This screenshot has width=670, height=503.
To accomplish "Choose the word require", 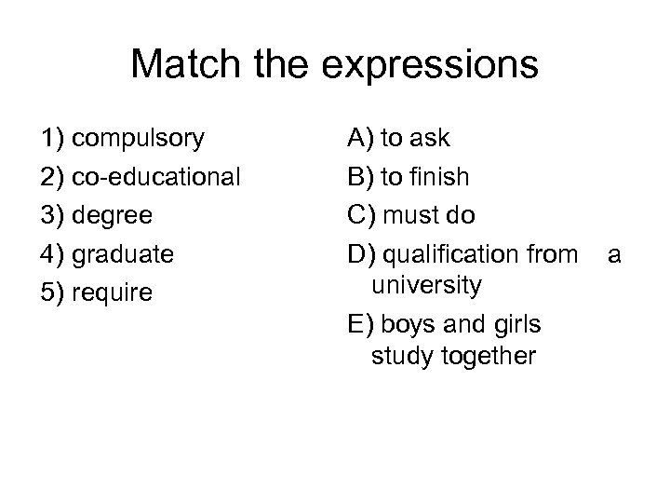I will coord(116,292).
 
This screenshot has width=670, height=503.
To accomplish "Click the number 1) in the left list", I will coord(53,140).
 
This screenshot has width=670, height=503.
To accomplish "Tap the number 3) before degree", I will coord(53,216).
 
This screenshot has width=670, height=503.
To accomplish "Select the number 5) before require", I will coord(53,292).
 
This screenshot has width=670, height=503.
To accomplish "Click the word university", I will coord(426,285).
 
